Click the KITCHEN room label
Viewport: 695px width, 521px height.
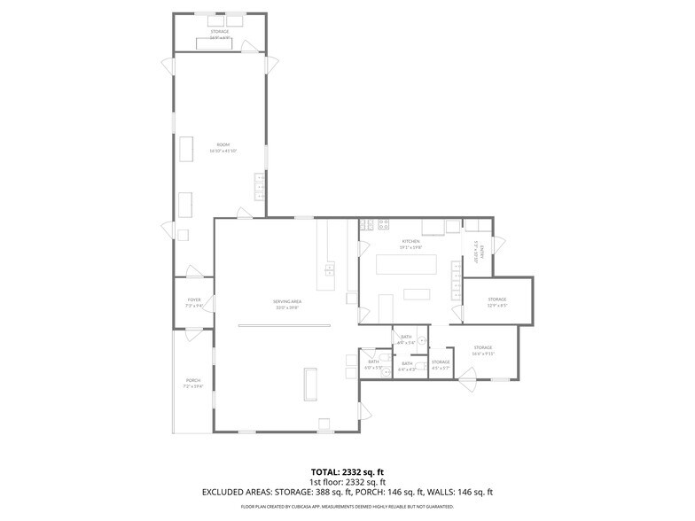[410, 243]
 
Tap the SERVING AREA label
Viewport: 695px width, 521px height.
[285, 304]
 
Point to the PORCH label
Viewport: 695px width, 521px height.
[193, 383]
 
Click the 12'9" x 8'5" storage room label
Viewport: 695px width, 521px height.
[497, 302]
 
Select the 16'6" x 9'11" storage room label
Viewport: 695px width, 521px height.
[482, 350]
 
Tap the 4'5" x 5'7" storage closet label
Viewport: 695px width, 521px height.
[441, 363]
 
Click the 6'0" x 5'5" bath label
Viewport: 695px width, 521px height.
[373, 364]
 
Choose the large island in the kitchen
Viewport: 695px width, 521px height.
[408, 265]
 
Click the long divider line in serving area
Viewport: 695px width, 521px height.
[284, 325]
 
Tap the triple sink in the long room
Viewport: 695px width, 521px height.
[260, 185]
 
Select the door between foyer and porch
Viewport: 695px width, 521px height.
[193, 334]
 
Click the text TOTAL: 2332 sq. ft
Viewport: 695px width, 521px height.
[347, 471]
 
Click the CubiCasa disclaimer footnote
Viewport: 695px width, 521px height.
[347, 507]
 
